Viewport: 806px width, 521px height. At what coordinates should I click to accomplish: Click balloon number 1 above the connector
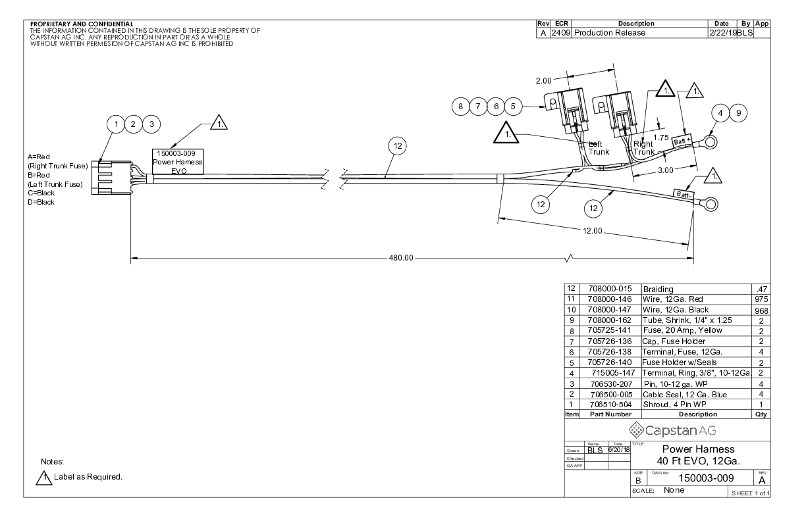[x=117, y=124]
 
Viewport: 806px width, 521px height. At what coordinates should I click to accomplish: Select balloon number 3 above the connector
[x=151, y=124]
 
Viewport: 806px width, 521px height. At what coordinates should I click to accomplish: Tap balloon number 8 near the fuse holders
[x=461, y=105]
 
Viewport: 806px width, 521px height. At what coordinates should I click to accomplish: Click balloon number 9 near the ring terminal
[x=739, y=113]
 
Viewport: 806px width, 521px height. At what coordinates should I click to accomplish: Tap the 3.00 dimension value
[x=666, y=169]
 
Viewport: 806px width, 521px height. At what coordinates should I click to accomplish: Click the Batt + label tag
[x=684, y=141]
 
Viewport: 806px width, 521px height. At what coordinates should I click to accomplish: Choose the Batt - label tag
[x=682, y=194]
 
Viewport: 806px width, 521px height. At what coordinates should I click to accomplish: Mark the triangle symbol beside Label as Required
[x=46, y=478]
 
